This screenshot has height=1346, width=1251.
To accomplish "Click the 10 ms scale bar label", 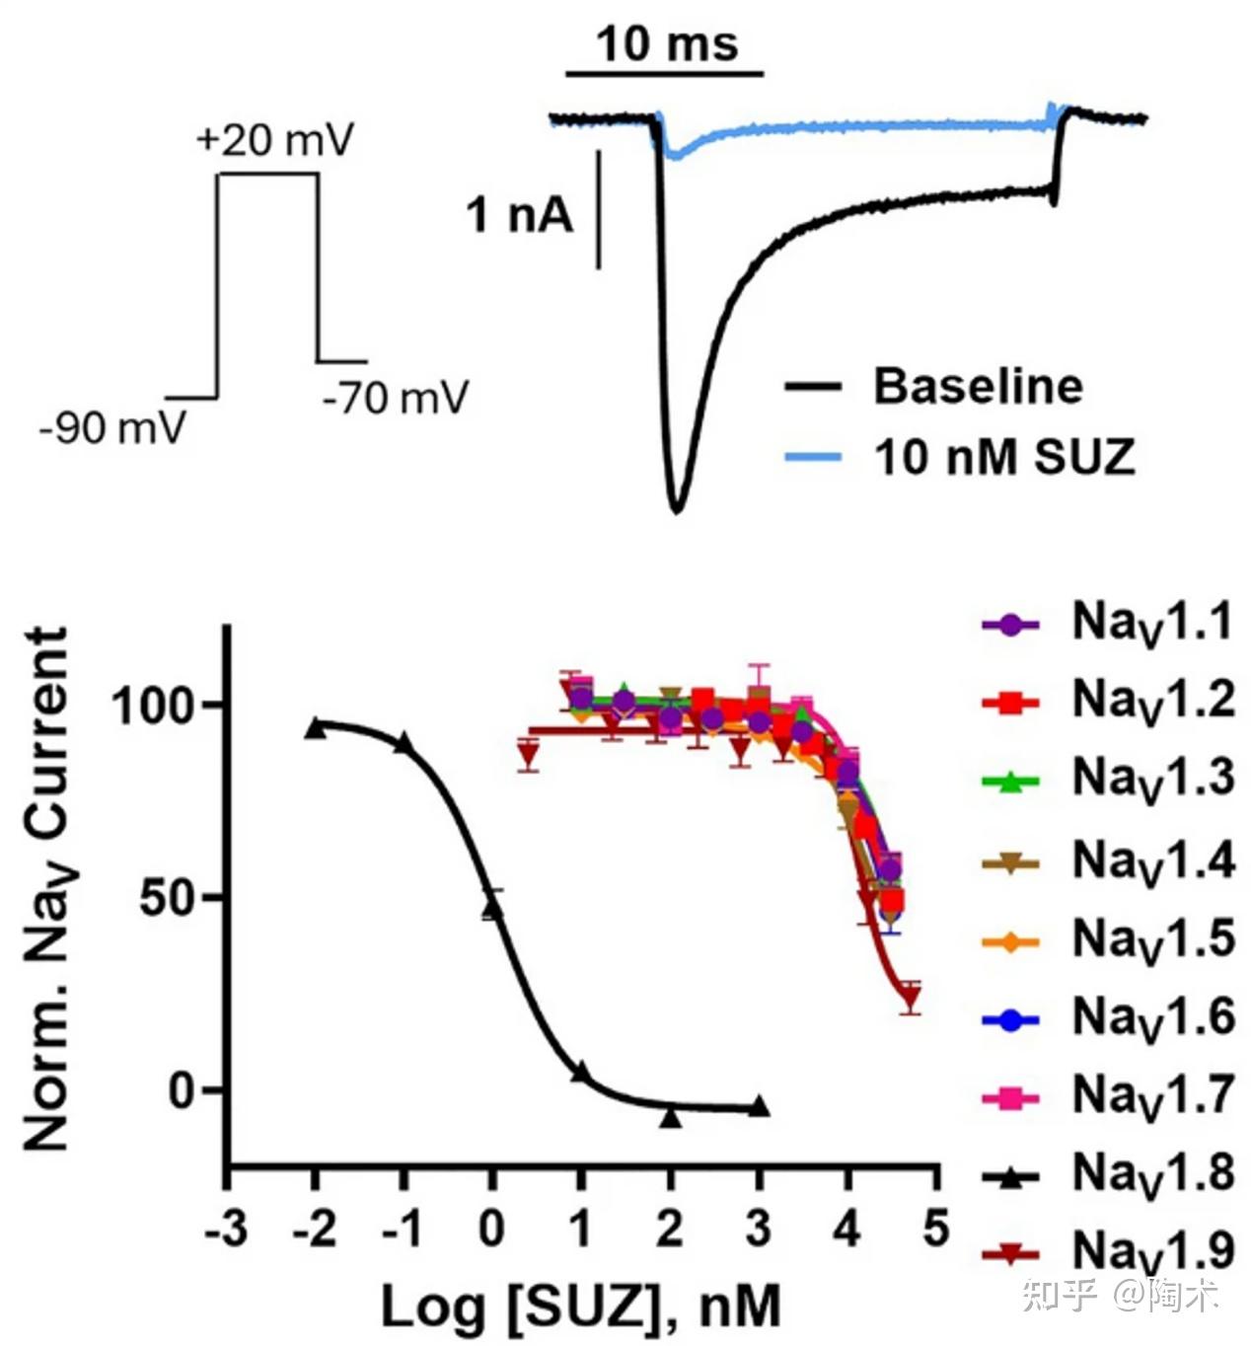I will coord(667,44).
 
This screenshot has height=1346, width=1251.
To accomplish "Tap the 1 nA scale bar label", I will coord(519,214).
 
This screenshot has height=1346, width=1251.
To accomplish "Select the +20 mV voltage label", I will coord(274,140).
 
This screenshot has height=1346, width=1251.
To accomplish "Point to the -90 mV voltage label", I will coord(112,428).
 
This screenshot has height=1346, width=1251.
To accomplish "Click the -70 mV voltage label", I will coord(395,399).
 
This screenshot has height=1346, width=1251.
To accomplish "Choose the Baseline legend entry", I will coord(977,386).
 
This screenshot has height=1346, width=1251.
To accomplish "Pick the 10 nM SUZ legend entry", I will coord(1003,457).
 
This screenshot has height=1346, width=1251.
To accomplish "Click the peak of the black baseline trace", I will coord(677,508).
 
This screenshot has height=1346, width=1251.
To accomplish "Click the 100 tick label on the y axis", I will coord(158,706).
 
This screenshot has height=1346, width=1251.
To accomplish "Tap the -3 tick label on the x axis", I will coord(226,1230).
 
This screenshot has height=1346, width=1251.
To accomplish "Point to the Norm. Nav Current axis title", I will coord(46,888).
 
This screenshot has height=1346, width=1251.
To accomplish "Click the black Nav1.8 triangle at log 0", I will coord(491,909).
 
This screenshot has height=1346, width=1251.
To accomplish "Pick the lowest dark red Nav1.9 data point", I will coord(911,999).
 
